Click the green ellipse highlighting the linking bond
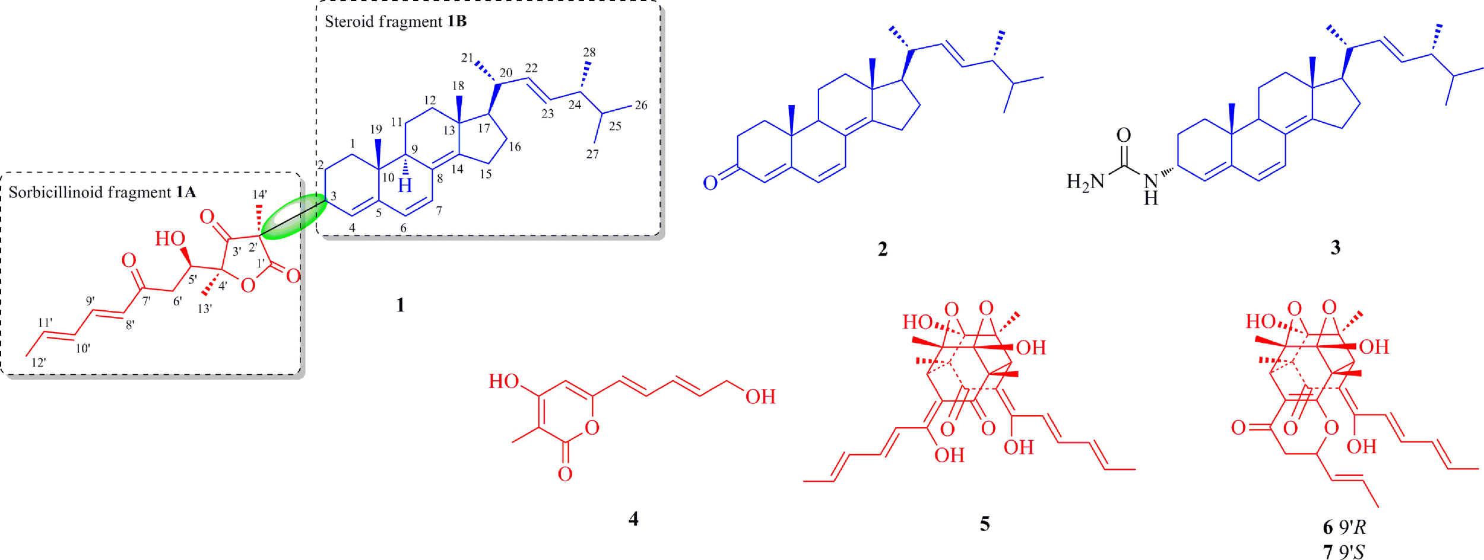pos(294,217)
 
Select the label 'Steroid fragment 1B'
pos(395,22)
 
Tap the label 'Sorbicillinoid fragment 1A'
pos(102,192)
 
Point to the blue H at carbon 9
pos(405,186)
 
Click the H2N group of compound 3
pos(1085,182)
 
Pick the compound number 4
pos(633,519)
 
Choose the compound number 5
pos(985,524)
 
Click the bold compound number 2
pos(883,249)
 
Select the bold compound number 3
pos(1335,247)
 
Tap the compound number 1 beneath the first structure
pos(400,305)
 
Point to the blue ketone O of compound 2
pos(710,183)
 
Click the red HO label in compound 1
pos(170,238)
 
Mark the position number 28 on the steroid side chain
pos(589,52)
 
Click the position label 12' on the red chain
pos(39,362)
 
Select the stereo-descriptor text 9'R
pos(1353,527)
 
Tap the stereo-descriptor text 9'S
pos(1353,552)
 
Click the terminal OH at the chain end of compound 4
pos(760,396)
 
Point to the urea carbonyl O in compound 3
pos(1123,135)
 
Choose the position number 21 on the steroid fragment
pos(467,58)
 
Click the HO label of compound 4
pos(503,381)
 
